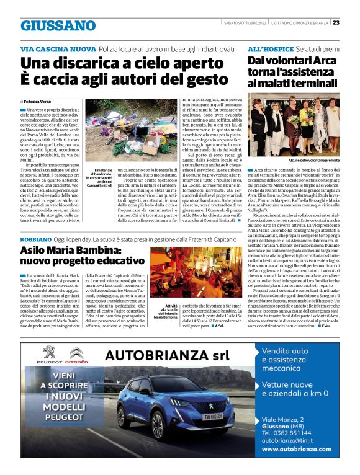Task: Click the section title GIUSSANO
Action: (x=58, y=25)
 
